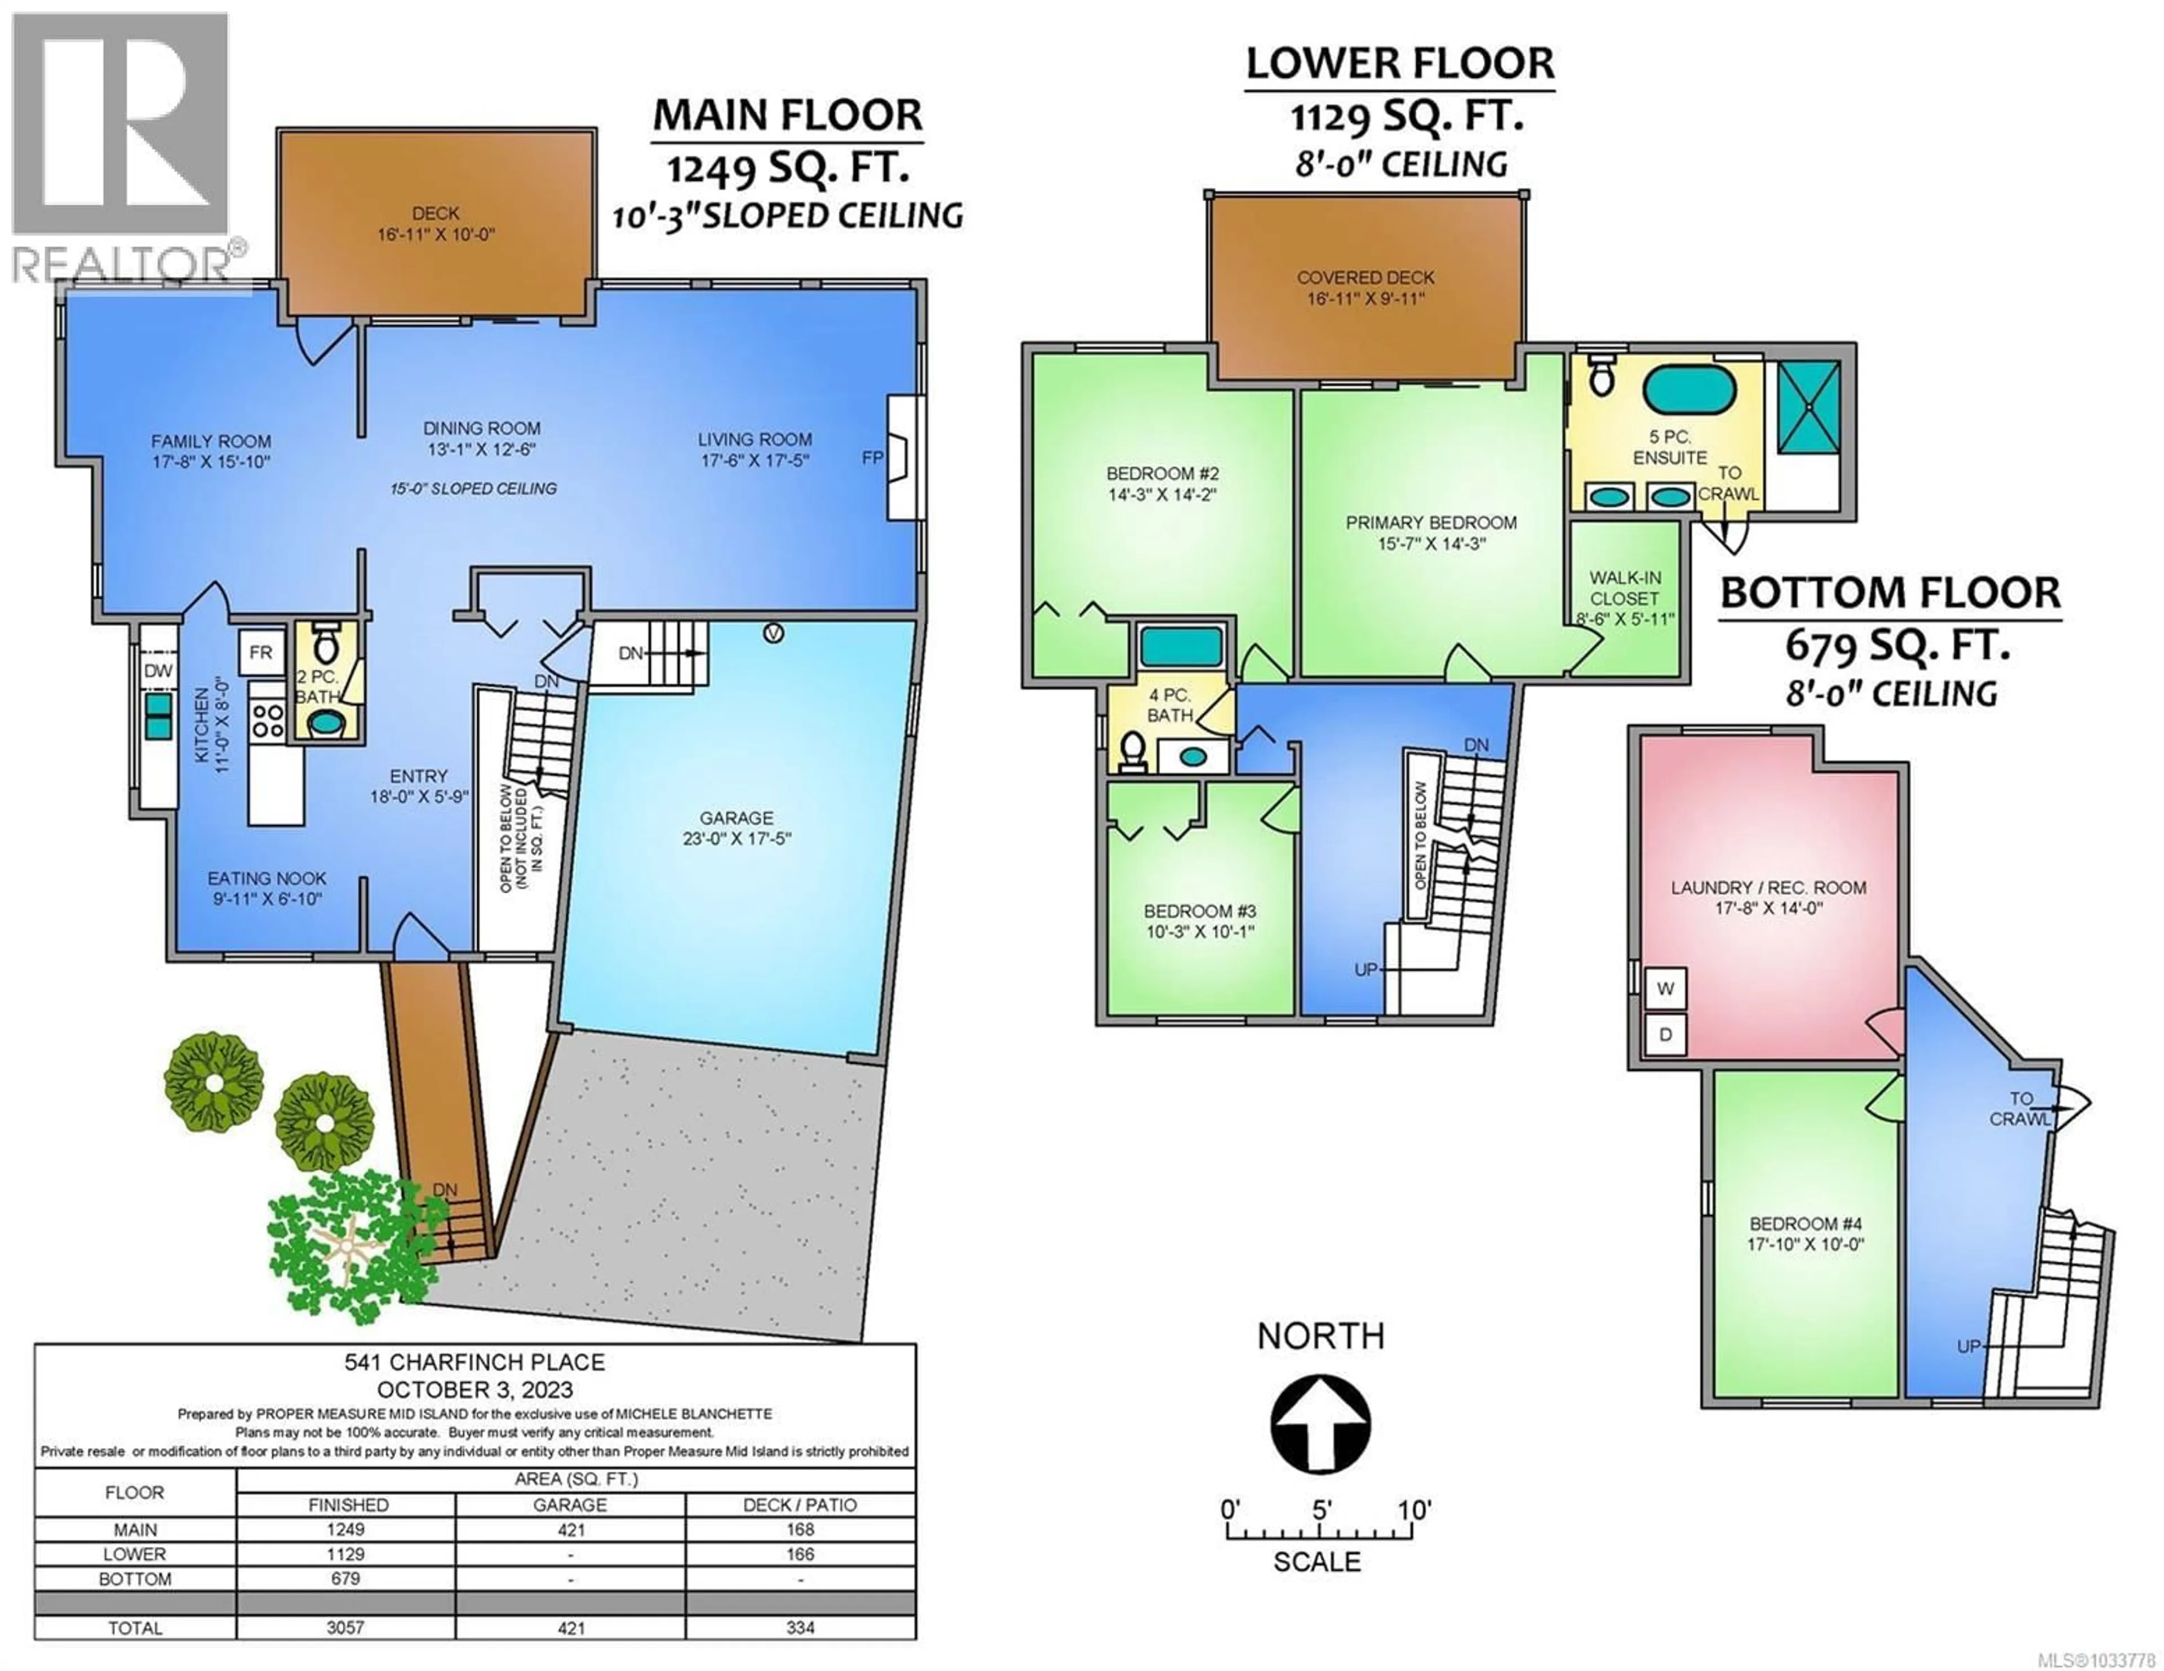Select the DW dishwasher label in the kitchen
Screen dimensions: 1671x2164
[x=158, y=671]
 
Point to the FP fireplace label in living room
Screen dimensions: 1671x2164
[x=872, y=458]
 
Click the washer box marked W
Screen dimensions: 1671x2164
[x=1666, y=988]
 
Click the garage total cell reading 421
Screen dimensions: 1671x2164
[x=571, y=1628]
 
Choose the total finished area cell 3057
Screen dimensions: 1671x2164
[x=346, y=1628]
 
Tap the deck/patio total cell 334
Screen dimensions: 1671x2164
[x=800, y=1628]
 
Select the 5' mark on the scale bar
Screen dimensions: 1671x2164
[x=1321, y=1510]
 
